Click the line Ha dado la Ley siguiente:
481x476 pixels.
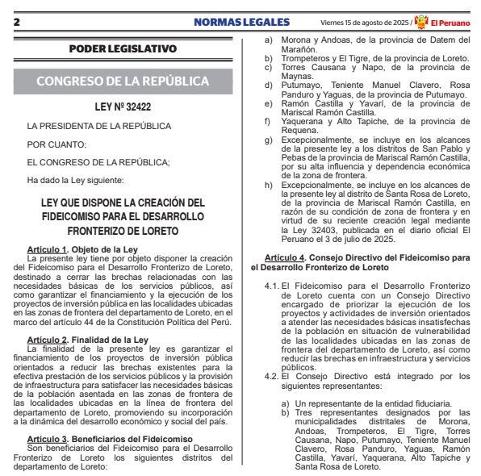click(74, 180)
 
